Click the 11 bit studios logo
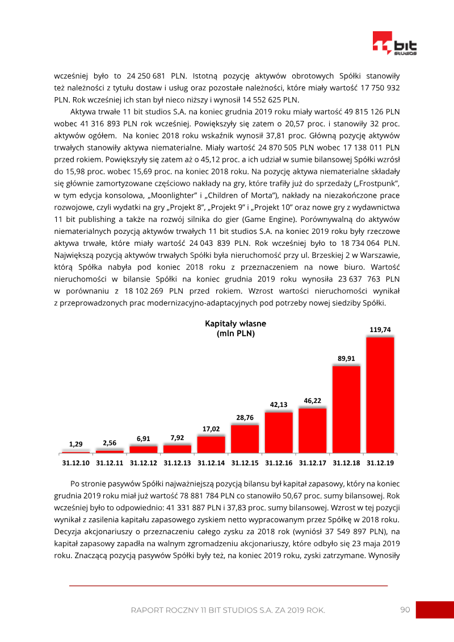(x=394, y=43)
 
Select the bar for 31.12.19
(x=380, y=395)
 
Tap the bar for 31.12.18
(x=346, y=409)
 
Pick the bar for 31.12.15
(x=245, y=439)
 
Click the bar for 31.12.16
(x=279, y=433)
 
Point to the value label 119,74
(x=380, y=329)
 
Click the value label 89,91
(x=346, y=358)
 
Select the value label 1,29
(x=75, y=444)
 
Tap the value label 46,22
(x=313, y=400)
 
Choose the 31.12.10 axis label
(x=75, y=463)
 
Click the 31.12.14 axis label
(x=211, y=463)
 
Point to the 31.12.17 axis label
(x=313, y=463)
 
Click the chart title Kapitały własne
(x=236, y=324)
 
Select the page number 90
(x=405, y=610)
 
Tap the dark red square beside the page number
(x=435, y=610)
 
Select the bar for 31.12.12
(x=144, y=449)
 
